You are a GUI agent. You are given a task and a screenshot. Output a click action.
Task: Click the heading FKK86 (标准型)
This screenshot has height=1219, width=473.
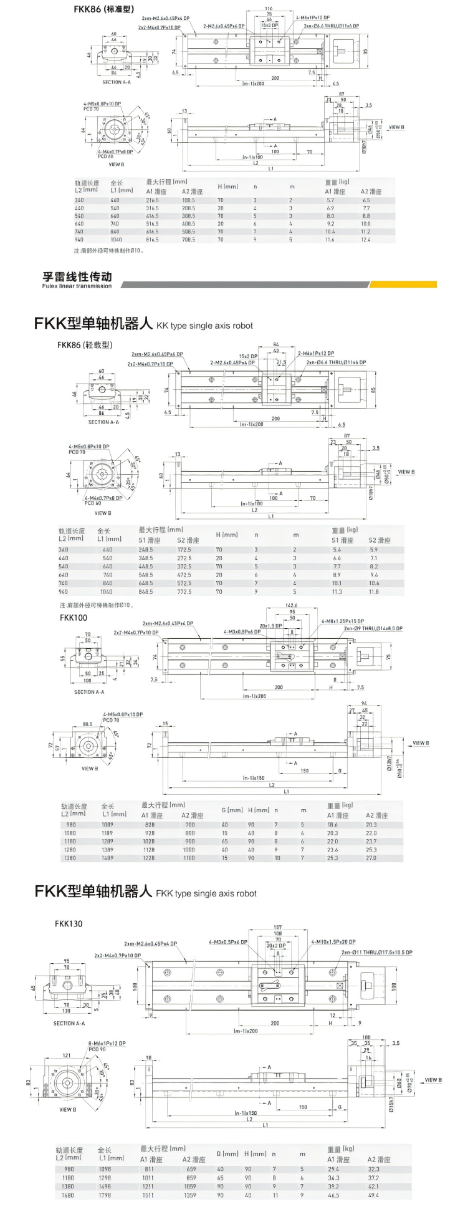pos(103,9)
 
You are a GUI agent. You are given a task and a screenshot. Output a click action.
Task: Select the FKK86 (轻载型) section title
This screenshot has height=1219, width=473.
pos(85,345)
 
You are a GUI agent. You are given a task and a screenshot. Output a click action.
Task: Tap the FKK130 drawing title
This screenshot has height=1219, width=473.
pos(69,923)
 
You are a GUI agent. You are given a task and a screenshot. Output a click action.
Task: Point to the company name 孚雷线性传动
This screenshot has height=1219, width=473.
pos(77,277)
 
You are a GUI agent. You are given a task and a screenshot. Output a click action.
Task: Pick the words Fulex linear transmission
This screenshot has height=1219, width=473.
pos(77,286)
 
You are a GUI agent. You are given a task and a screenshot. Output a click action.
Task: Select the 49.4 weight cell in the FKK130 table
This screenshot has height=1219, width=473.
pos(373,1195)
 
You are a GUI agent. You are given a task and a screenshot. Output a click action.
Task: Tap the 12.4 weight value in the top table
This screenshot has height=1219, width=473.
pos(365,240)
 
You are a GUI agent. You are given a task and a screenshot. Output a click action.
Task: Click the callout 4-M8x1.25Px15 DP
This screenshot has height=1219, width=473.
pos(343,621)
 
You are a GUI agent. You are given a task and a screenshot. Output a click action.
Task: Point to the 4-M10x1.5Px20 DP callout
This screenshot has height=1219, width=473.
pos(333,942)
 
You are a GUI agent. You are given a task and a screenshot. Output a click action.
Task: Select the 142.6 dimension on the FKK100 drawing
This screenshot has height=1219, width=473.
pos(291,605)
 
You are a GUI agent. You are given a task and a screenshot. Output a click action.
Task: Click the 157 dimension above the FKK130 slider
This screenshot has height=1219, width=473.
pos(278,928)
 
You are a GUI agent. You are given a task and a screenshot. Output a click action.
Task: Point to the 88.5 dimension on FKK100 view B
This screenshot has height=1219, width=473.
pos(87,724)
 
